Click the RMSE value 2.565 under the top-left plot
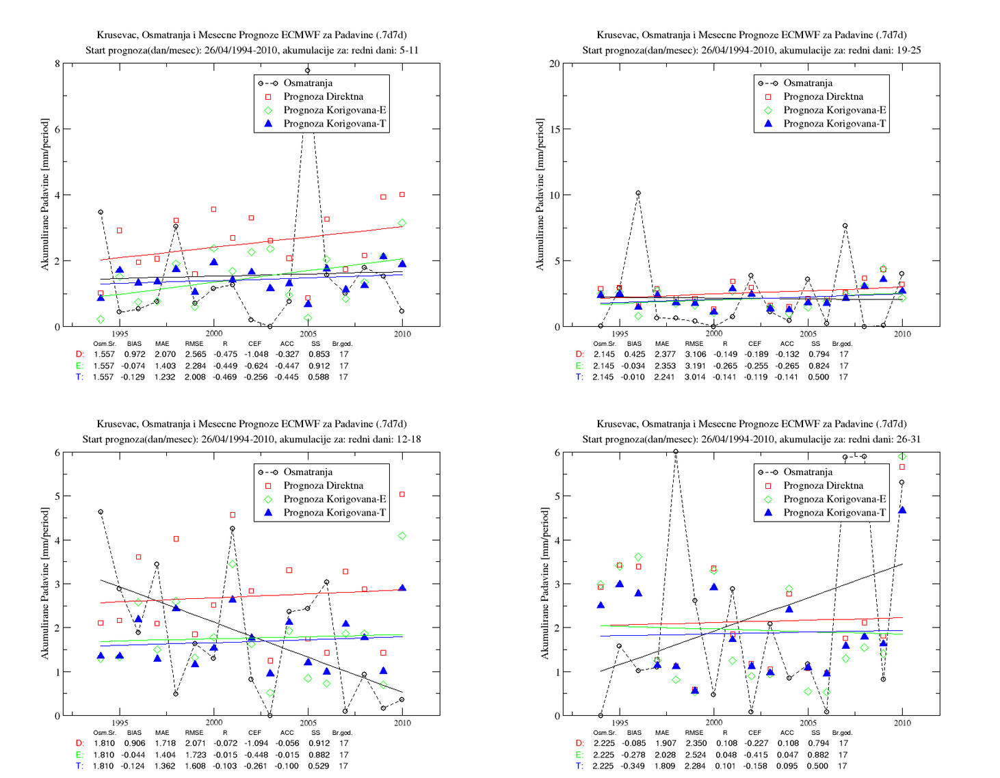point(195,354)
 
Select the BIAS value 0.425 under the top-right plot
point(635,354)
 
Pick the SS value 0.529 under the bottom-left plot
point(319,766)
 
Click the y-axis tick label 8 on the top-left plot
point(57,64)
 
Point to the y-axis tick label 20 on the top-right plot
point(554,64)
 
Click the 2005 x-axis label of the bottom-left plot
point(308,723)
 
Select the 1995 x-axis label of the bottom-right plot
point(620,723)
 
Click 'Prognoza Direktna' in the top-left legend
point(323,96)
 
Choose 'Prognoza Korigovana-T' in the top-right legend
point(834,123)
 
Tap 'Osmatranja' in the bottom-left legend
point(308,472)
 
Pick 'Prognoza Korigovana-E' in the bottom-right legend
point(834,499)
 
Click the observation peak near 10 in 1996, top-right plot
point(638,193)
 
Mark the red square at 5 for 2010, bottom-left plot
point(402,494)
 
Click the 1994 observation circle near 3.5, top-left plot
point(101,212)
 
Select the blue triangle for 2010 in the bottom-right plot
point(902,510)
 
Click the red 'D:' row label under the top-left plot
point(80,354)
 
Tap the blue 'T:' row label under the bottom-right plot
point(580,766)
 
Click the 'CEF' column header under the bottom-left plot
point(254,732)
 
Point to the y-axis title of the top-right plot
point(540,194)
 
